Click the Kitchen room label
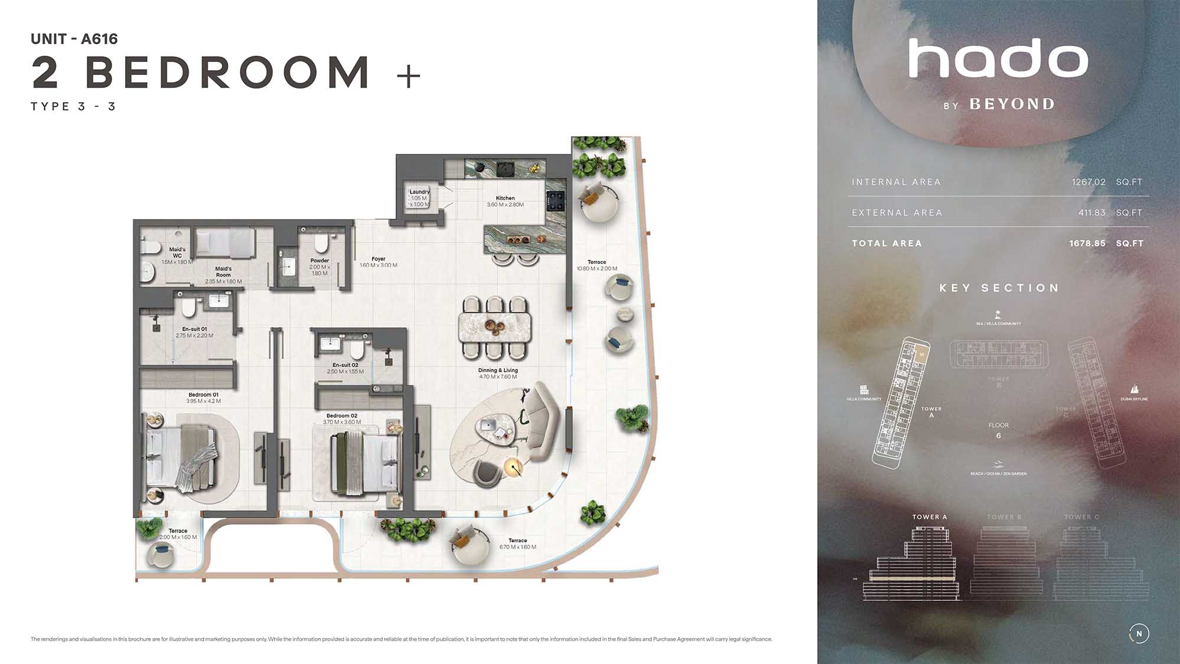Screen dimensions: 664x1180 (x=505, y=198)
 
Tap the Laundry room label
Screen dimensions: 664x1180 (x=419, y=192)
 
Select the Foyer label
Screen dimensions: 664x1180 (x=378, y=259)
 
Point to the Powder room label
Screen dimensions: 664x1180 (x=320, y=260)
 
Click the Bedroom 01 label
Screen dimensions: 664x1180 (x=204, y=395)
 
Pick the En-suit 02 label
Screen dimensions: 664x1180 (x=345, y=365)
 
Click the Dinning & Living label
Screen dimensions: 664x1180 (x=498, y=371)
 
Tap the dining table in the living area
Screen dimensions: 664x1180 (x=494, y=328)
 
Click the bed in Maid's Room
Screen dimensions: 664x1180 (x=225, y=243)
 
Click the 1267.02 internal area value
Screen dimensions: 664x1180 (x=1089, y=182)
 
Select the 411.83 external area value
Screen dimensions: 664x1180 (x=1091, y=212)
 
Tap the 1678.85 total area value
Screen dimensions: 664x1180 (x=1087, y=243)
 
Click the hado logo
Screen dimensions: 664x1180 (x=998, y=59)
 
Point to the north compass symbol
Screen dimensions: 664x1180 (x=1139, y=633)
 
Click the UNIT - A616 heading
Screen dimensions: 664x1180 (x=74, y=39)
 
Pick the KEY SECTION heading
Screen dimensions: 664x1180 (x=999, y=288)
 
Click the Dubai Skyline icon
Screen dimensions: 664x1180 (x=1134, y=390)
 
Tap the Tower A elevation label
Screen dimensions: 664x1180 (x=929, y=517)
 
